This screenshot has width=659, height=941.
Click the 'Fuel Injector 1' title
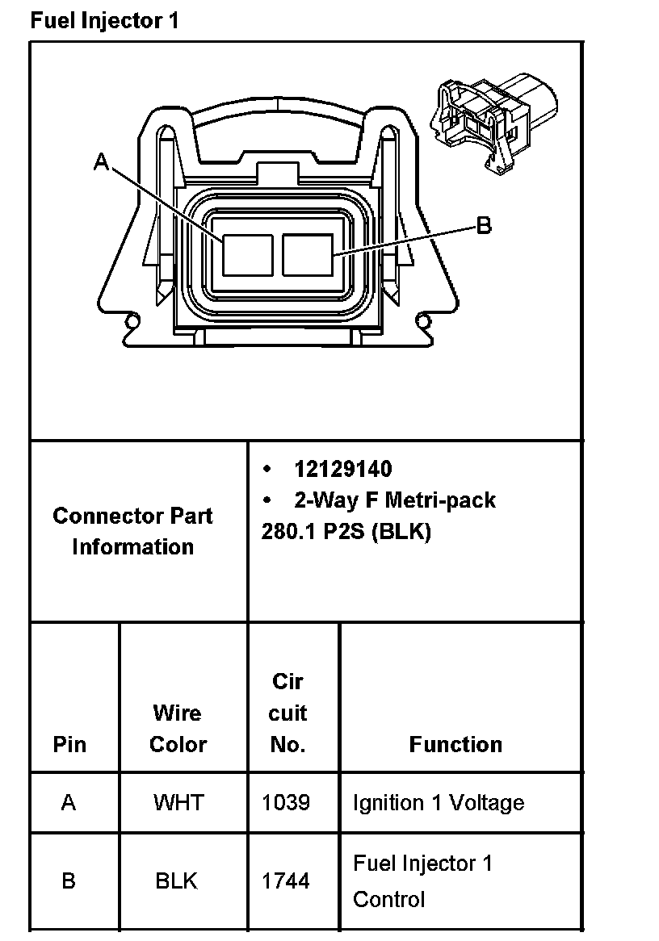click(x=104, y=21)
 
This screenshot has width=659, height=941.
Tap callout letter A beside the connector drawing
click(x=102, y=161)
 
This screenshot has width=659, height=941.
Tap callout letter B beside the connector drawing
click(x=484, y=226)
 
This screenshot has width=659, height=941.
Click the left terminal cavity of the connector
click(x=247, y=254)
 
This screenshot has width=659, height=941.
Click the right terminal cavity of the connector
click(x=307, y=254)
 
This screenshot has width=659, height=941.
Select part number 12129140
click(x=343, y=470)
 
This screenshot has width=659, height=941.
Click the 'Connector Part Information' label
click(x=132, y=531)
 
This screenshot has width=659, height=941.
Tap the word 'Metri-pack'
click(x=440, y=500)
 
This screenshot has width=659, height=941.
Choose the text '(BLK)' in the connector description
click(x=401, y=532)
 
